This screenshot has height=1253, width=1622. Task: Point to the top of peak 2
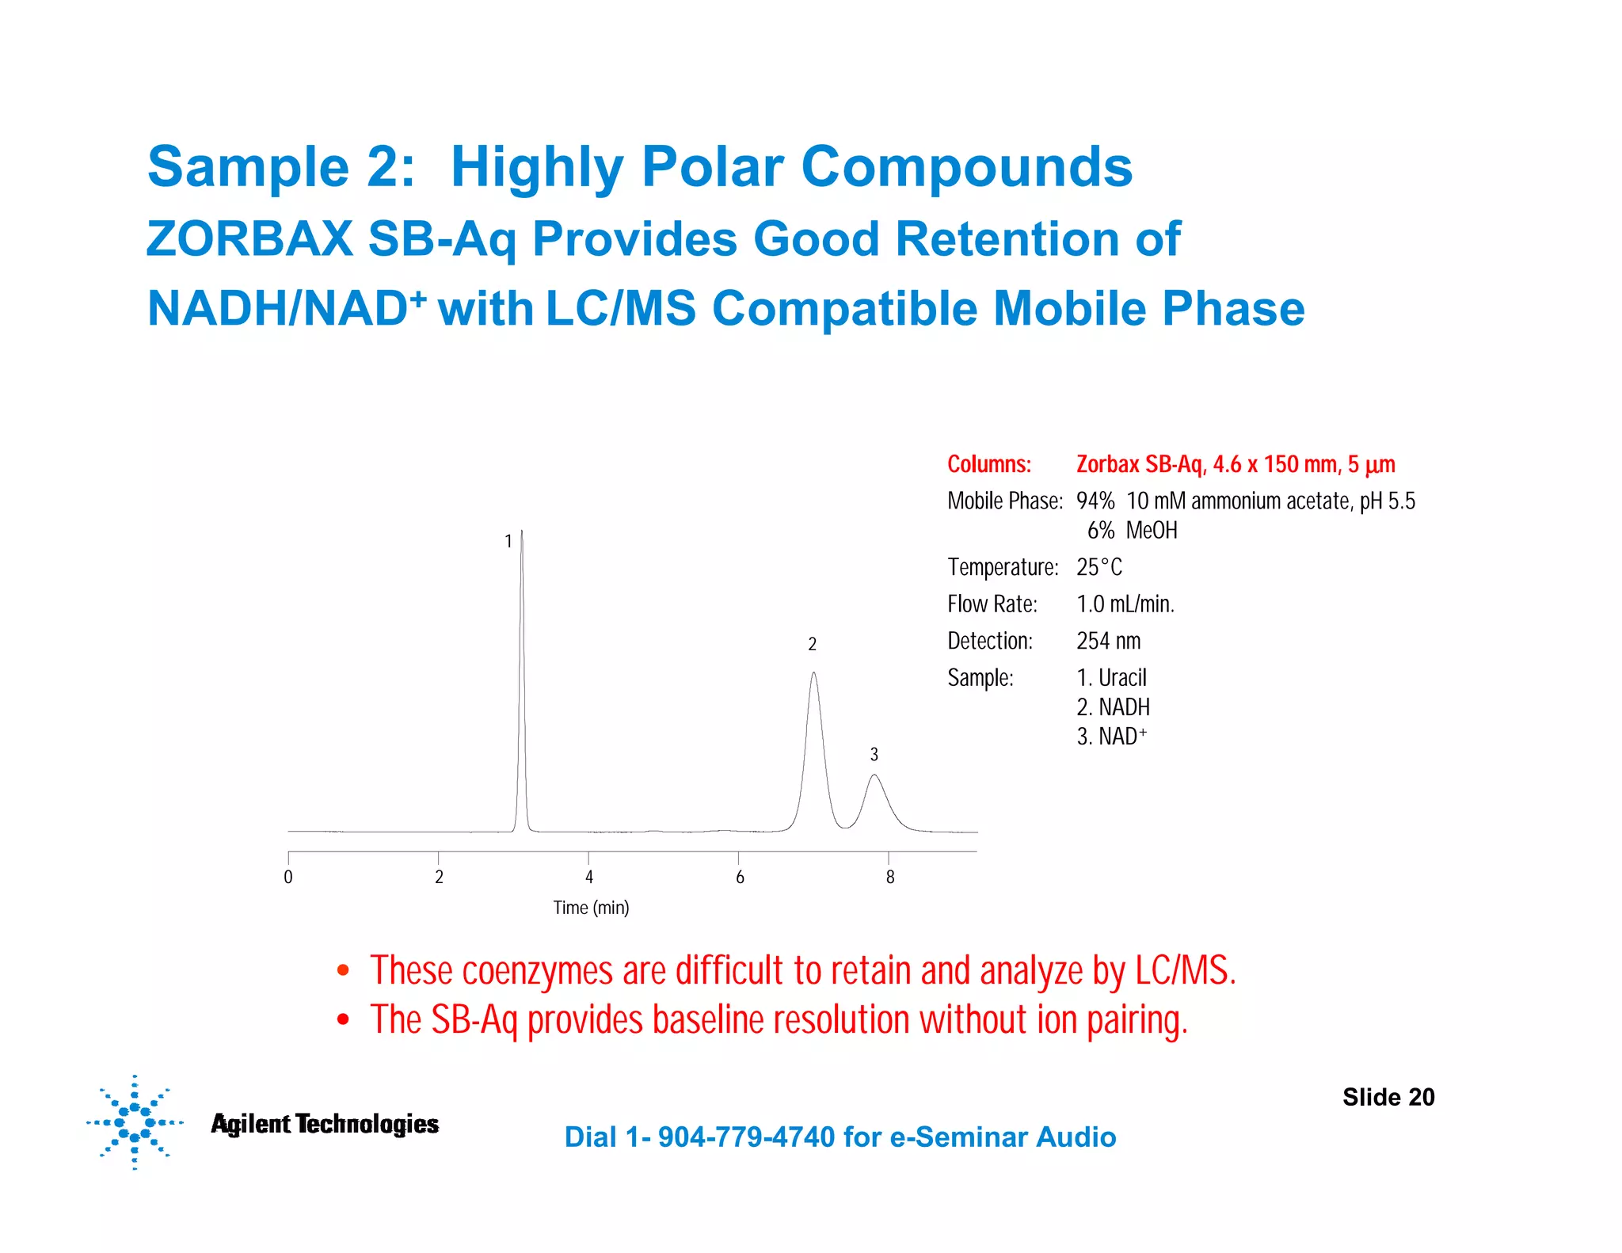tap(813, 674)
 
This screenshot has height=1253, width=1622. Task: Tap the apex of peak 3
tap(874, 775)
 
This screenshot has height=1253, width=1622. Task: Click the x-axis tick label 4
tap(589, 877)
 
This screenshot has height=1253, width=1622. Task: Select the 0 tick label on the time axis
tap(288, 877)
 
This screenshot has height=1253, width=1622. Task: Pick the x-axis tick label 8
tap(890, 877)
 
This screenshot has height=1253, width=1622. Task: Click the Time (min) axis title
tap(591, 908)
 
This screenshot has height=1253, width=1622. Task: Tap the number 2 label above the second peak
tap(812, 644)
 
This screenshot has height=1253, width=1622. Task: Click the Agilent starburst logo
tap(135, 1122)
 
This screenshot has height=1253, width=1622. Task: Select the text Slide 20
tap(1388, 1097)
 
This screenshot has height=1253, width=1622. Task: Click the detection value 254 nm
tap(1108, 641)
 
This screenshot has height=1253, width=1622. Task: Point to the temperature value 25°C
tap(1098, 567)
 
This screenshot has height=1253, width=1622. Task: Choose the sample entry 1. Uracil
tap(1111, 678)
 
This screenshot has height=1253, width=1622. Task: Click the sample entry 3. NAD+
tap(1111, 737)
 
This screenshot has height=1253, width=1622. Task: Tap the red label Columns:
tap(989, 464)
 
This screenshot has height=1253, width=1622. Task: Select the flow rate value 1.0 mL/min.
tap(1125, 604)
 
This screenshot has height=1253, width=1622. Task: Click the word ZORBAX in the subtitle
tap(249, 238)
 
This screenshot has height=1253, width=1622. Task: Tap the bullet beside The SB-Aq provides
tap(343, 1019)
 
